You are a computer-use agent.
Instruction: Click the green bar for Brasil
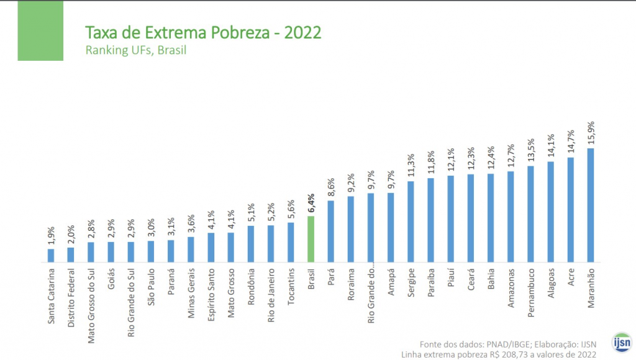click(x=311, y=239)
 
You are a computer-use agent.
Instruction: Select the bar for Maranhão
click(x=591, y=205)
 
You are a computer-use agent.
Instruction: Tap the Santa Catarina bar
click(x=51, y=255)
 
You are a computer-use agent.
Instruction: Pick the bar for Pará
click(x=331, y=231)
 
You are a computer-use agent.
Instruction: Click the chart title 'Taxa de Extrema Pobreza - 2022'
click(x=202, y=32)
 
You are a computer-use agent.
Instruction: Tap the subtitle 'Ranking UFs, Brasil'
click(x=135, y=50)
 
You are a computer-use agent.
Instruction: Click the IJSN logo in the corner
click(x=621, y=342)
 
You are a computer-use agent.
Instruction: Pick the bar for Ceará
click(x=471, y=218)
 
